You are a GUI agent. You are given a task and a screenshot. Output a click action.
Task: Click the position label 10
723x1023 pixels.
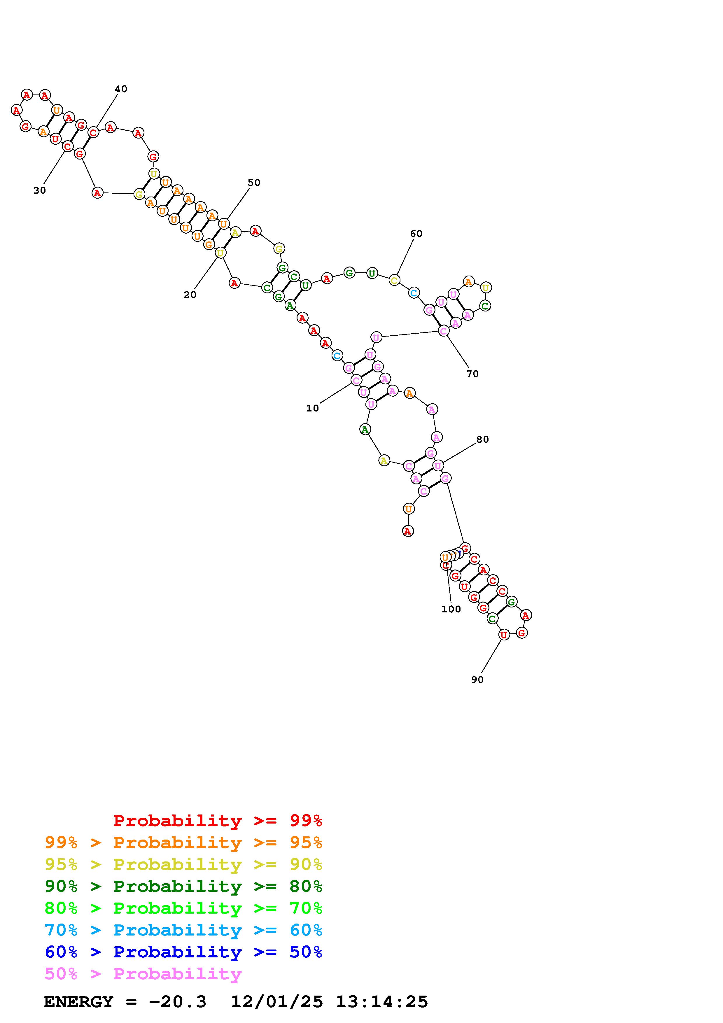[312, 408]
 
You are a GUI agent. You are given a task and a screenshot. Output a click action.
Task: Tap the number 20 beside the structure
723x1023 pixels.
[190, 295]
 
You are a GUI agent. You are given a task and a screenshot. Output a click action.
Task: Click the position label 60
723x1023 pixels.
[416, 234]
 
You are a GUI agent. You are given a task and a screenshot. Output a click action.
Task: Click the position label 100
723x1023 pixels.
[451, 609]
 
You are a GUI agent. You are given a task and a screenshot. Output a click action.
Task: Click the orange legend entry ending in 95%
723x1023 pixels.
[183, 842]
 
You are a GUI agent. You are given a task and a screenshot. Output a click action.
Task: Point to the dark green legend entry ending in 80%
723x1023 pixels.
[183, 886]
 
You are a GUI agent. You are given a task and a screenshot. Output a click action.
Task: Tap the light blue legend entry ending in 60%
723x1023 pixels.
[183, 930]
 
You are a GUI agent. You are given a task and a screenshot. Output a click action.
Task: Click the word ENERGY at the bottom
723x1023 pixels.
[78, 1002]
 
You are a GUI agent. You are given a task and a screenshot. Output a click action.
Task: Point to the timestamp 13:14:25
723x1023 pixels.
[382, 1002]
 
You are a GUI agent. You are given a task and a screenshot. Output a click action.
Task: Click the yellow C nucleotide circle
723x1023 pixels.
[394, 280]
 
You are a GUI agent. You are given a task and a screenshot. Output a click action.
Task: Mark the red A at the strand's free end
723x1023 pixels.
[408, 531]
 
